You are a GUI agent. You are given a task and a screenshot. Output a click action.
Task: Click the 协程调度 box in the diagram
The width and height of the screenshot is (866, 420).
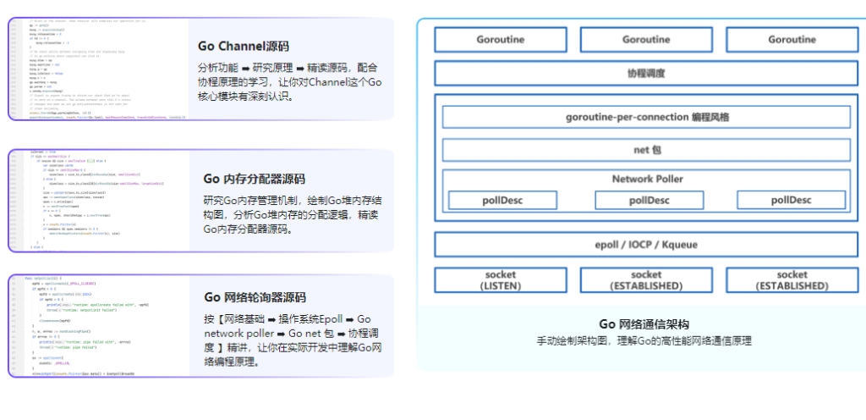pos(646,73)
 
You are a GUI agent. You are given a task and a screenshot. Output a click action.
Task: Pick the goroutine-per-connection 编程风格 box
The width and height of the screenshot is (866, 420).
pos(646,116)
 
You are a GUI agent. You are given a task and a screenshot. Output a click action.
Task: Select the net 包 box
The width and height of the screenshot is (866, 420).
pos(646,150)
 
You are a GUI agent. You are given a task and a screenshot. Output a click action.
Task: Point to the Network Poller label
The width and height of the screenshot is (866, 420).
pos(647,179)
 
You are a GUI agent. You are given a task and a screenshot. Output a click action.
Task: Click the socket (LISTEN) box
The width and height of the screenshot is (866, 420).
pos(500,280)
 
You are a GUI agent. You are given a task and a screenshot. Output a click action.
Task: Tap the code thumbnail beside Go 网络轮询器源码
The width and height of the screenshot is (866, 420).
pos(98,325)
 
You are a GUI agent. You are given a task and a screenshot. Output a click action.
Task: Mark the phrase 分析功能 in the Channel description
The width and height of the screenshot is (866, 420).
pos(215,67)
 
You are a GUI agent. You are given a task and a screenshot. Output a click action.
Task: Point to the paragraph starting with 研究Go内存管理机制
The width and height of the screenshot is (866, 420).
pos(292,215)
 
